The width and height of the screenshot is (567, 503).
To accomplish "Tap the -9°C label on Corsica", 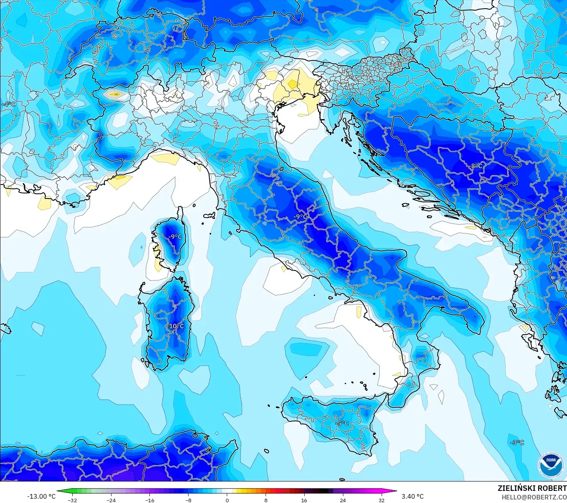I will tap(175, 237).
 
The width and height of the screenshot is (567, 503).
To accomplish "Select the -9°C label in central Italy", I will tap(300, 217).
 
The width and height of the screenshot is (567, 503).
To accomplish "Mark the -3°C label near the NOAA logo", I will tap(517, 442).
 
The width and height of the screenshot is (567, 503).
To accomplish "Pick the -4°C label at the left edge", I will tap(9, 104).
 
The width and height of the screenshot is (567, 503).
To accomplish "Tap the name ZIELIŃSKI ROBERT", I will tap(532, 488).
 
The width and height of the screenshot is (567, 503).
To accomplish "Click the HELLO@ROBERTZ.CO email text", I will tap(534, 497).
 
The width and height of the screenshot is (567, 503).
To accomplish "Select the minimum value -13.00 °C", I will tap(41, 496).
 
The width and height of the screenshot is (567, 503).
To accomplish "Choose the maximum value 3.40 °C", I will tap(413, 496).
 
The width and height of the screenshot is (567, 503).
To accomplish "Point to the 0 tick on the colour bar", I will tap(227, 500).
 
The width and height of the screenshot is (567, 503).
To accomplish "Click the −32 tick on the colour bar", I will tap(72, 500).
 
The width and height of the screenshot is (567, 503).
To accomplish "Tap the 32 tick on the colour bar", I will tap(381, 500).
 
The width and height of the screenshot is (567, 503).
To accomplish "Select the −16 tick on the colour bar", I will tap(149, 500).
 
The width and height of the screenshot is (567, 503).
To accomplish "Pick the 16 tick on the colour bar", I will tap(304, 500).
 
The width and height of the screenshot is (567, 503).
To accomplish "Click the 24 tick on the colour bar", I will tap(343, 500).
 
